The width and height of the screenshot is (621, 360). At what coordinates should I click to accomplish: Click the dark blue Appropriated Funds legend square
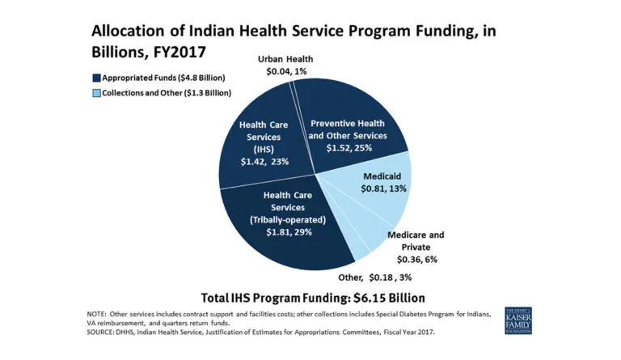(96, 78)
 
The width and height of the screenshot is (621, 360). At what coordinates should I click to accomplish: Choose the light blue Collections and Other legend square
(96, 93)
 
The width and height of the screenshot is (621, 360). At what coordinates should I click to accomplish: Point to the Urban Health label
(285, 59)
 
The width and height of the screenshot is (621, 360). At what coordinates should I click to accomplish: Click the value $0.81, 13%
(383, 188)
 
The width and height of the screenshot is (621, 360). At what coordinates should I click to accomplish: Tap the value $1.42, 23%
(264, 162)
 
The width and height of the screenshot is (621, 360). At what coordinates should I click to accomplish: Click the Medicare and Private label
(416, 240)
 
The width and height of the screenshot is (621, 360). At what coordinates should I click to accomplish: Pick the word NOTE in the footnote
(98, 312)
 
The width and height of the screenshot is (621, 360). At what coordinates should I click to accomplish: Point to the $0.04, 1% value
(285, 71)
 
